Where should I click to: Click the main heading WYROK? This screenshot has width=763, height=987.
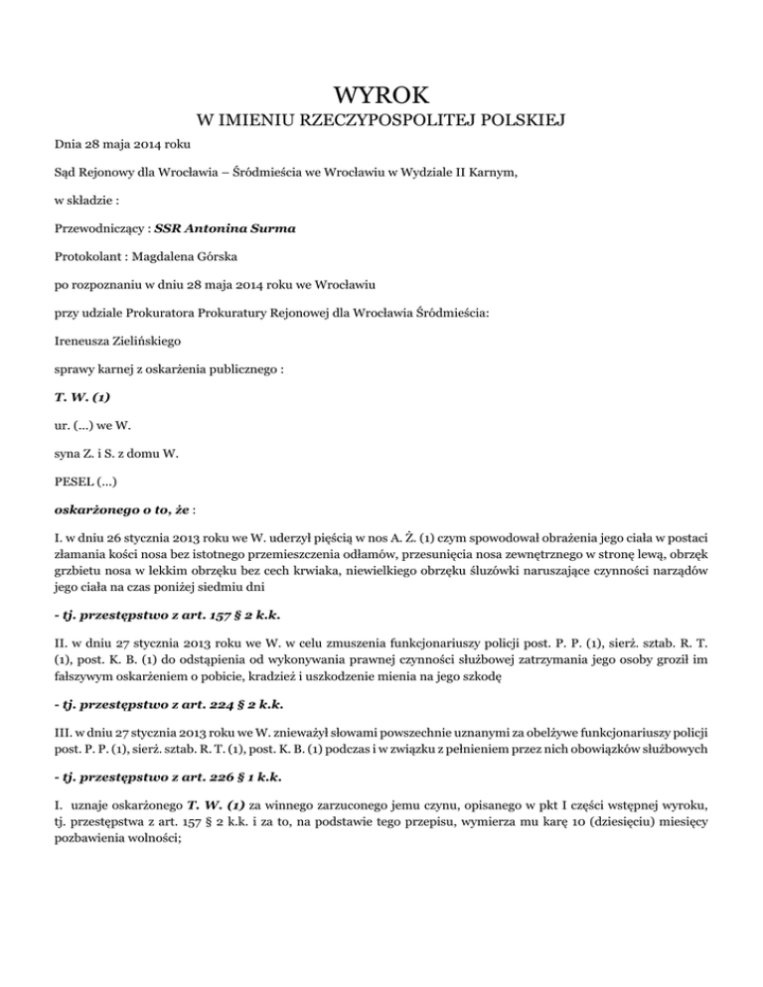pos(381,95)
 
